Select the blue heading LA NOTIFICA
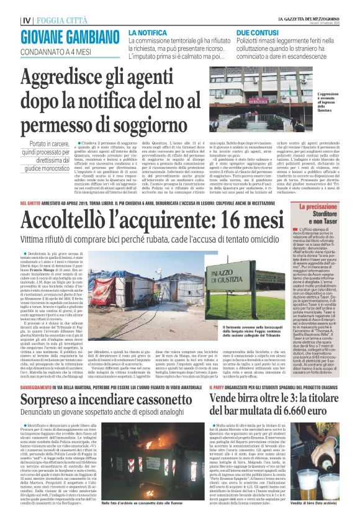click(148, 32)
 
